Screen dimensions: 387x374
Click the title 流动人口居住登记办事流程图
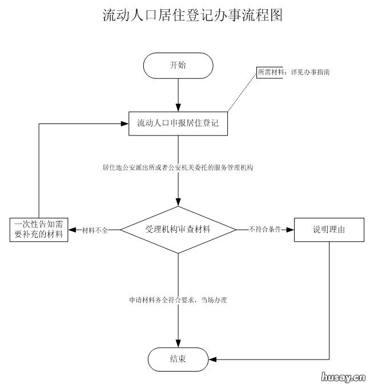pyautogui.click(x=192, y=15)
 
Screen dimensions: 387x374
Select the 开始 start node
pyautogui.click(x=178, y=66)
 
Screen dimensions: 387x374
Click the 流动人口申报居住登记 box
pyautogui.click(x=178, y=123)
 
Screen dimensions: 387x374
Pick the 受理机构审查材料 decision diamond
pyautogui.click(x=178, y=229)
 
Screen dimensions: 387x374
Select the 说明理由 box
pyautogui.click(x=329, y=229)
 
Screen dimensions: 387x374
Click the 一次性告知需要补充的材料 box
pyautogui.click(x=39, y=229)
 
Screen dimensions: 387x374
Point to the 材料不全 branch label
pyautogui.click(x=95, y=230)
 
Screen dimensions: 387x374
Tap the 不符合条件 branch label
pyautogui.click(x=264, y=230)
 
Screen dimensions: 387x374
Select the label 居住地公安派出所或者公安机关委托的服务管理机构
pyautogui.click(x=178, y=168)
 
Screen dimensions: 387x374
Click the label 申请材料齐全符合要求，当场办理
pyautogui.click(x=178, y=300)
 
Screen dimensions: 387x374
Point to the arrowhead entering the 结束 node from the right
pyautogui.click(x=212, y=360)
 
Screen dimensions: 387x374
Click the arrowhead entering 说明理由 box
pyautogui.click(x=290, y=229)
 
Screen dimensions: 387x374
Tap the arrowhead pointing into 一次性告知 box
pyautogui.click(x=73, y=229)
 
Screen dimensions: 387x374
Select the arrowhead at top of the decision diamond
pyautogui.click(x=178, y=202)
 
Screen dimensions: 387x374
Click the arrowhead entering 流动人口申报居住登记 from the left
pyautogui.click(x=124, y=123)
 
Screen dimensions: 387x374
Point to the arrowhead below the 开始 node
pyautogui.click(x=178, y=106)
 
